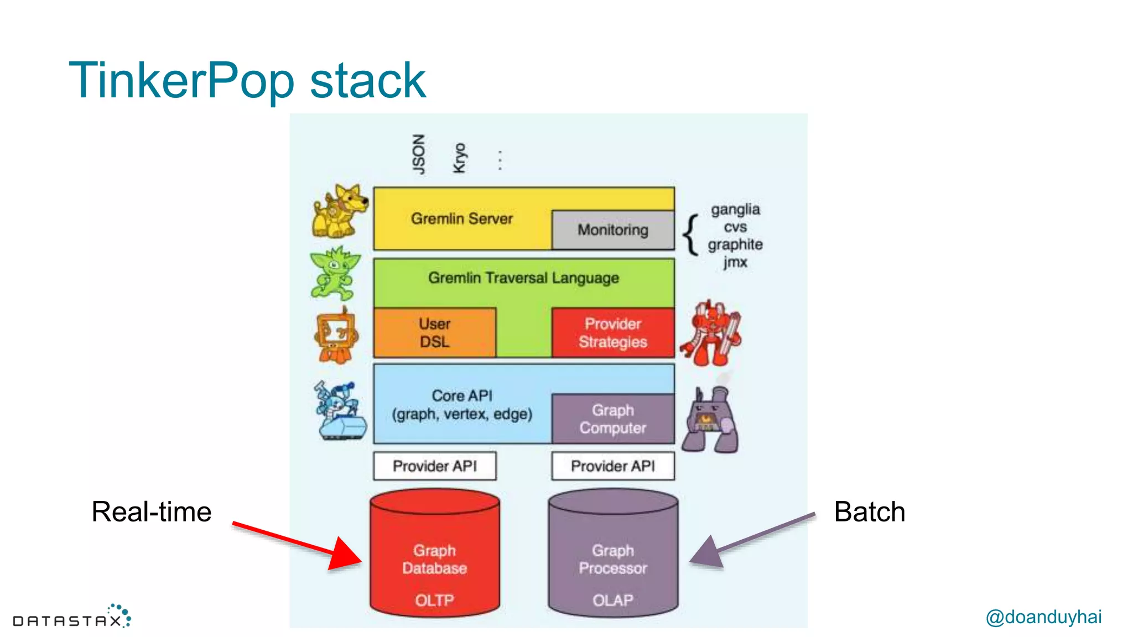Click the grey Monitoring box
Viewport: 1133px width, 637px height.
613,230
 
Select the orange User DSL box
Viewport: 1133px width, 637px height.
435,333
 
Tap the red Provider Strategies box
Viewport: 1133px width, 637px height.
613,333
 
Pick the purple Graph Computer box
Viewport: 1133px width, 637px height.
613,419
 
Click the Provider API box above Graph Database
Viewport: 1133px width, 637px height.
435,466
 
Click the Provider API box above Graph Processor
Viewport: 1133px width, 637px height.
613,466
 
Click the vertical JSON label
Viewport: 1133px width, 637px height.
419,154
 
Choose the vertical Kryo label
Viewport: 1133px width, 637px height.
460,158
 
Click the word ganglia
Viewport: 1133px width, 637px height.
735,210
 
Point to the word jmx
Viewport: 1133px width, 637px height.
735,262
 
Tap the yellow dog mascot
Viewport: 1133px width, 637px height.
339,211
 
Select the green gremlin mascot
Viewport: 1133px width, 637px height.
335,273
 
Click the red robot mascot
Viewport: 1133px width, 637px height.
711,334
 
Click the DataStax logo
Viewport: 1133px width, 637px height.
72,618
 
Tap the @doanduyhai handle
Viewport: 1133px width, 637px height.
1043,617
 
